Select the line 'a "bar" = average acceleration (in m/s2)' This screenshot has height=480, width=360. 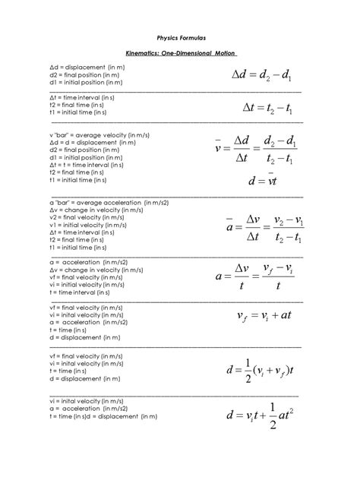click(98, 203)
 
